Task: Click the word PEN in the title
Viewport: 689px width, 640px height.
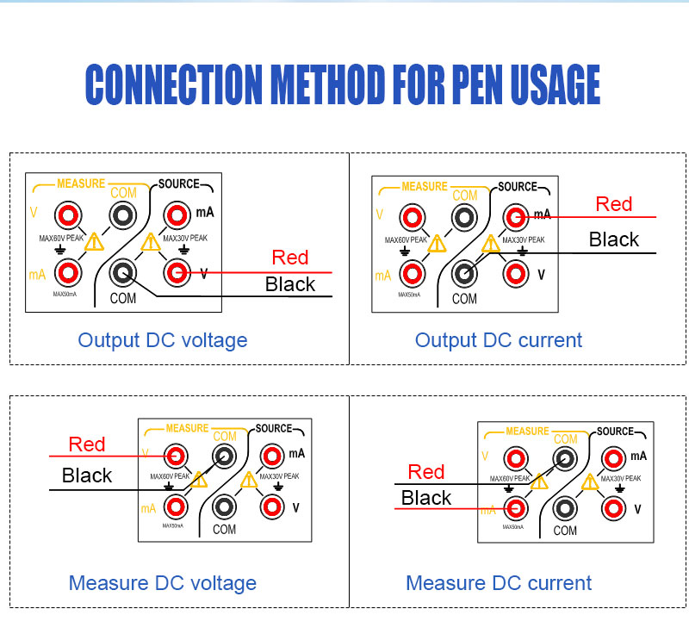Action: click(x=477, y=84)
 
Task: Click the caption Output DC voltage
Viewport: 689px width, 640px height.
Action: click(x=163, y=340)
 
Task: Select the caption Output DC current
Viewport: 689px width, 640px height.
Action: click(x=499, y=340)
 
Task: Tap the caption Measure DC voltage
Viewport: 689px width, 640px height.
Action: click(x=163, y=583)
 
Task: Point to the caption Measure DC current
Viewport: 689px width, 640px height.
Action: click(x=499, y=583)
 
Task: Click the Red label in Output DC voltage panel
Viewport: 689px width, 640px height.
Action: click(x=290, y=258)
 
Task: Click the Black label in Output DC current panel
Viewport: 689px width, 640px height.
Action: click(x=614, y=239)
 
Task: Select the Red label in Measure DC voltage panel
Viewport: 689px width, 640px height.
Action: click(x=87, y=444)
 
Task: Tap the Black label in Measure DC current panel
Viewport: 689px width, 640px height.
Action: click(x=426, y=498)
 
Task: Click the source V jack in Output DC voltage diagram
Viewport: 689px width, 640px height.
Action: click(x=177, y=273)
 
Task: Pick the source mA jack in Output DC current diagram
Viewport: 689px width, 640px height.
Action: click(x=516, y=217)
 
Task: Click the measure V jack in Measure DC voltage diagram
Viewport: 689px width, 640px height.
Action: click(x=176, y=457)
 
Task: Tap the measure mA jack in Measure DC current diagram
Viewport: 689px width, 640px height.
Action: click(x=516, y=509)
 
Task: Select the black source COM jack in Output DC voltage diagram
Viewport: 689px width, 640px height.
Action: click(x=123, y=273)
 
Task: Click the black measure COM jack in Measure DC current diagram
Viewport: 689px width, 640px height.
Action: click(x=565, y=459)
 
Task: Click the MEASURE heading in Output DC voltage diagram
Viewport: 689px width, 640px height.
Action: click(x=81, y=183)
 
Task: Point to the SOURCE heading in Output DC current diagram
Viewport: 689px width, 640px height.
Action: click(x=518, y=187)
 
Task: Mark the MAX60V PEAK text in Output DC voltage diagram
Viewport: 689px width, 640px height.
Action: click(x=61, y=239)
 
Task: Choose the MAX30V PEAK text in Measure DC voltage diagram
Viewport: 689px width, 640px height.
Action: click(x=279, y=476)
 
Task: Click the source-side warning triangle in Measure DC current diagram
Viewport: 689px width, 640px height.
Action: click(x=590, y=482)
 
